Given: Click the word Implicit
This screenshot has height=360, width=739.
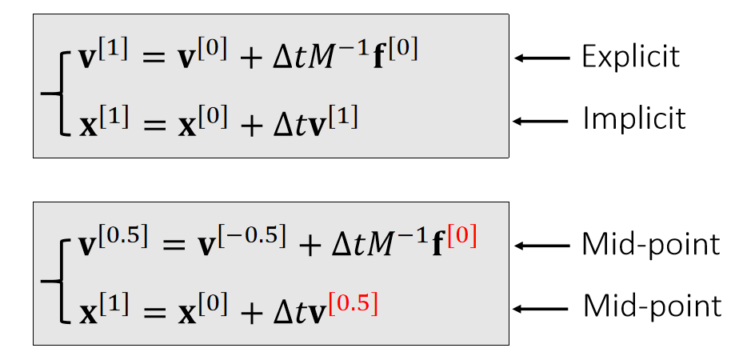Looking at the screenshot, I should [633, 119].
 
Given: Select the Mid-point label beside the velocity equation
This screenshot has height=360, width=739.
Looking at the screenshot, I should [651, 244].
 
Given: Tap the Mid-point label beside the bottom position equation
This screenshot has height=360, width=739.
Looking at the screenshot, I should [651, 306].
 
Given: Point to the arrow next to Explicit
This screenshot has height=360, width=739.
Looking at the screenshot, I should [541, 58].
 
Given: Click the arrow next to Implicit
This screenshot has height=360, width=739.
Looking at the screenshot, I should [541, 121].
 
